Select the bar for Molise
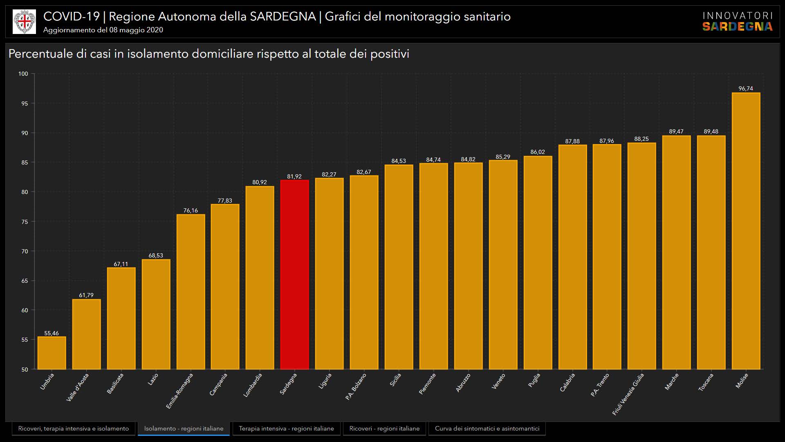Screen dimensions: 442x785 tap(746, 231)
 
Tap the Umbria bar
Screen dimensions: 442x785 tap(52, 353)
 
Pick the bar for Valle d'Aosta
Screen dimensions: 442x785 tap(86, 334)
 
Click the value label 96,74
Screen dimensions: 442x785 tap(746, 88)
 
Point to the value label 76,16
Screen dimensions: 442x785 tap(191, 210)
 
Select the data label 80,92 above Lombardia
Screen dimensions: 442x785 tap(260, 182)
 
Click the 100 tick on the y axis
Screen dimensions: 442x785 tap(23, 74)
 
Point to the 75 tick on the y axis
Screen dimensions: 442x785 tap(25, 221)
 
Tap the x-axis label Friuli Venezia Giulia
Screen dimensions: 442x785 tap(628, 394)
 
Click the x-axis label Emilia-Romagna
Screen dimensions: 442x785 tap(180, 390)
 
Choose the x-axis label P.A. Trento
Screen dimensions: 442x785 tap(600, 385)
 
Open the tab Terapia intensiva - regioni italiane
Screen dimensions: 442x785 tap(286, 428)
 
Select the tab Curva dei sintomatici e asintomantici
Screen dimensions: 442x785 tap(487, 428)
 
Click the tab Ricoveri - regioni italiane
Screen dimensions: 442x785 tap(384, 428)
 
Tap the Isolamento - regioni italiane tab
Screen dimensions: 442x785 tap(184, 428)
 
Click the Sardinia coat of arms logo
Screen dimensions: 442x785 tap(25, 22)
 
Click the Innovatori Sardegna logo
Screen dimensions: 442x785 tap(737, 22)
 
